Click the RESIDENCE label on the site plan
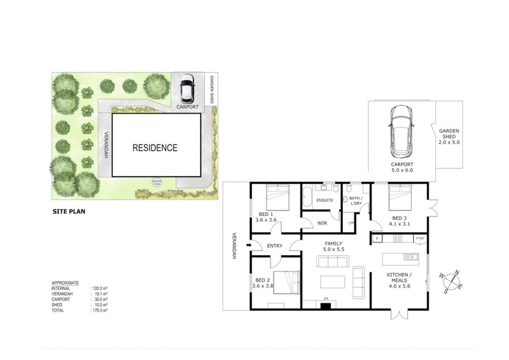click(155, 148)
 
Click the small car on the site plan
click(186, 90)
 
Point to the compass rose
click(453, 281)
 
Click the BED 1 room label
click(263, 214)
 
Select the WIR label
click(322, 223)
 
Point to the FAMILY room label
click(333, 244)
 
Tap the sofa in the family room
click(357, 280)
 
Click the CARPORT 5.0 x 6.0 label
click(401, 167)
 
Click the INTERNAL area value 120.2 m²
click(101, 288)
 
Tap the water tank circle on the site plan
click(156, 181)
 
